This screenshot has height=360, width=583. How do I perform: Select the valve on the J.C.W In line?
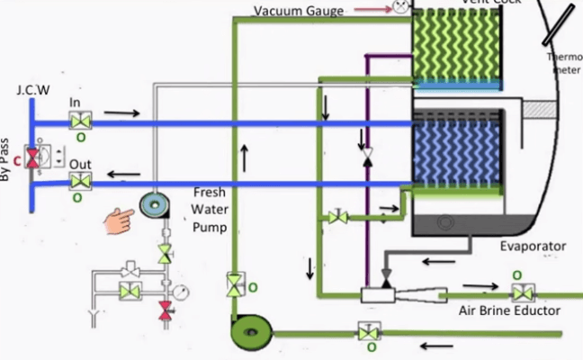click(80, 121)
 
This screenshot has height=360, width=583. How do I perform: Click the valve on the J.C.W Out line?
click(80, 181)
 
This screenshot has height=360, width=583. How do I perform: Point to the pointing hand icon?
click(120, 216)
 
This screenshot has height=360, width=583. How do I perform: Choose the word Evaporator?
click(533, 246)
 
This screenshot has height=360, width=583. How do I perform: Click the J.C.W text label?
click(33, 91)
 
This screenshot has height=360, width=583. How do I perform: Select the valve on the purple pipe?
click(366, 157)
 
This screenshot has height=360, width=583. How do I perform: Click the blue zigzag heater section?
click(454, 152)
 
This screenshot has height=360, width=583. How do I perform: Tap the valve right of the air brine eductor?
click(520, 292)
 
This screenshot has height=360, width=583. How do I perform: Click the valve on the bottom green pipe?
click(366, 332)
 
